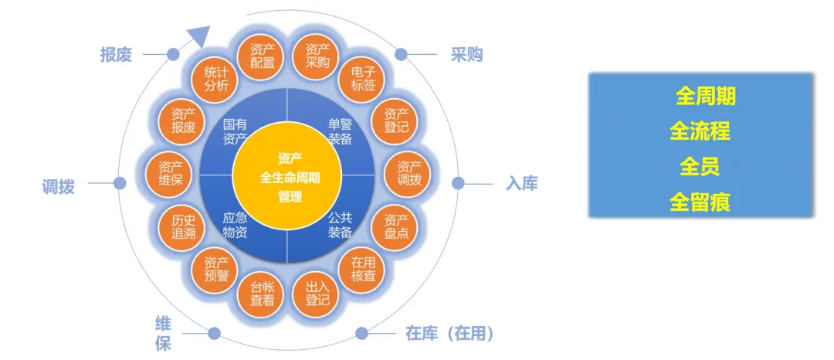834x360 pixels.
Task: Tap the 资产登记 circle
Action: (x=396, y=121)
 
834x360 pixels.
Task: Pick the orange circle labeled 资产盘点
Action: (x=396, y=226)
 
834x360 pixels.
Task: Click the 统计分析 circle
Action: (x=216, y=78)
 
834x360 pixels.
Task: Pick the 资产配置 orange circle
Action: (x=263, y=56)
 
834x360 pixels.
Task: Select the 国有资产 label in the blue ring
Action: (x=235, y=131)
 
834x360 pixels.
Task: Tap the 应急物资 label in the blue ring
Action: (x=235, y=224)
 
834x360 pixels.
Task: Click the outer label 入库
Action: (x=522, y=184)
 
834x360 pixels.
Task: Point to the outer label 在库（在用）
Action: (x=449, y=334)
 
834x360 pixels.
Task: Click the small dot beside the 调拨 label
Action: (x=120, y=183)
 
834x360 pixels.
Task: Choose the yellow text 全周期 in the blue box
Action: (x=705, y=97)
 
